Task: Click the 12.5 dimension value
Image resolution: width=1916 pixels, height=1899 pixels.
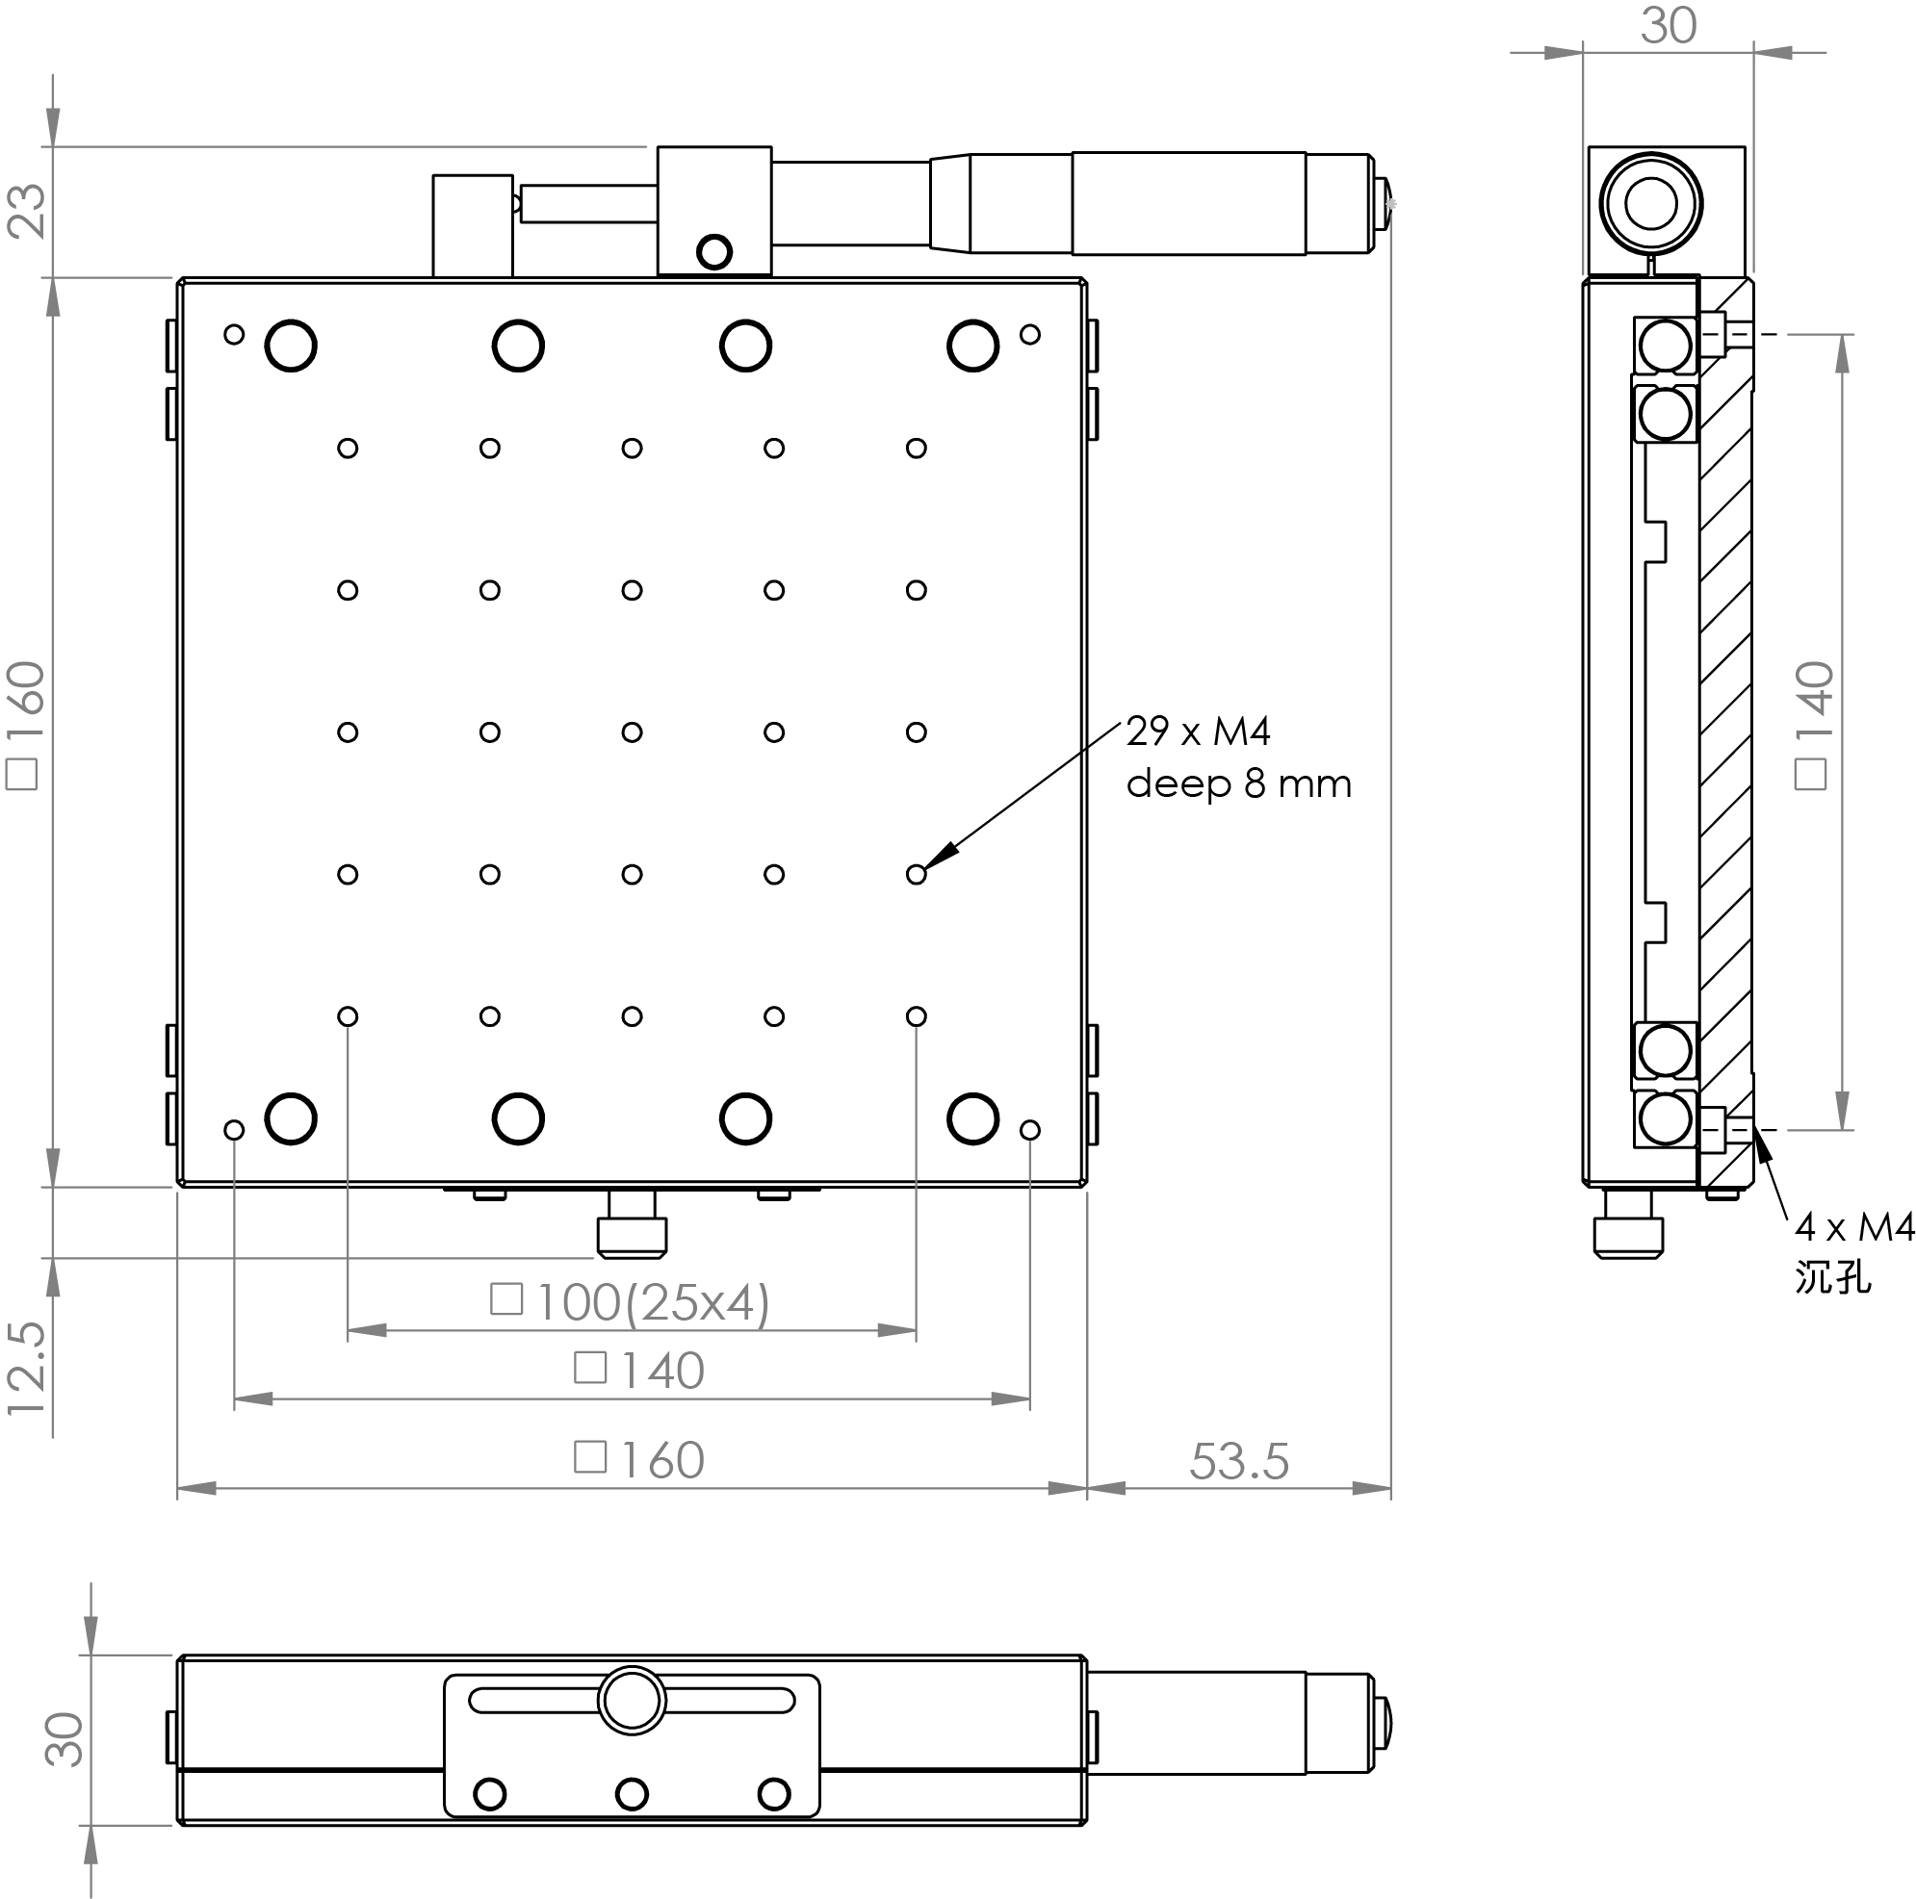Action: pos(27,1368)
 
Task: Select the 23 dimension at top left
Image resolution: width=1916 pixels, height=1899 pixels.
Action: pos(27,210)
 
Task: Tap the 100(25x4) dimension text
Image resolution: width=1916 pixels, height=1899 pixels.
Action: pos(652,1303)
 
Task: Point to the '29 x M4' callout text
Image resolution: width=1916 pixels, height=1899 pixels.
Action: pos(1198,731)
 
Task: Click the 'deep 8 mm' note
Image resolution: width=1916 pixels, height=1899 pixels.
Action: pos(1238,784)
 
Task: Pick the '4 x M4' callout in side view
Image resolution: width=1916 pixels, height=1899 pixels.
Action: pos(1853,1227)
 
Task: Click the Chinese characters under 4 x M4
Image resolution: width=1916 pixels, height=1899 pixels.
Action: pos(1832,1277)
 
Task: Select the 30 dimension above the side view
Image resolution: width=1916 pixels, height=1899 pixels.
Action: pos(1668,26)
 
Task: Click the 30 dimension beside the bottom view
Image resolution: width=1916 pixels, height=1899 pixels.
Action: pos(65,1739)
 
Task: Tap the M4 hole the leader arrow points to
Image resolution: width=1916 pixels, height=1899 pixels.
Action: pos(917,875)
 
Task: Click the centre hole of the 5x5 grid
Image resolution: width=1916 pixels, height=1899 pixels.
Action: pos(632,732)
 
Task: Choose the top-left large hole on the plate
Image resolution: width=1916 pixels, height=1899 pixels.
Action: pos(291,346)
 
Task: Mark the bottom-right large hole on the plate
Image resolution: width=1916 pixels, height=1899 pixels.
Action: pos(972,1119)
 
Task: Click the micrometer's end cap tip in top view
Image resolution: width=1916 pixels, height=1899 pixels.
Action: pos(1386,203)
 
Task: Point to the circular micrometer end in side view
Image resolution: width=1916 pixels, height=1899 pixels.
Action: pos(1650,203)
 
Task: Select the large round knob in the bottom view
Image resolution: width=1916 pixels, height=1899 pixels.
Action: pos(632,1701)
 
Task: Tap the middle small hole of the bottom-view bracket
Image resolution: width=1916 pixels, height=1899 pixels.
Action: pos(632,1794)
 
